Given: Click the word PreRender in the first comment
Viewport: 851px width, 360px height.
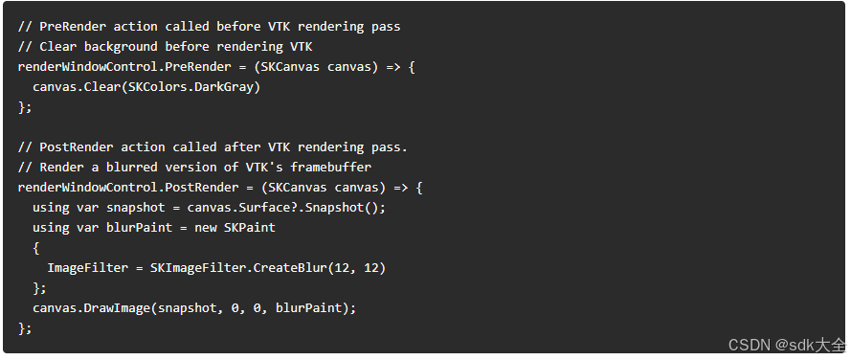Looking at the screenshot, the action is point(73,27).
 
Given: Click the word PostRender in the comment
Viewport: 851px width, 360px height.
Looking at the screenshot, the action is point(77,147).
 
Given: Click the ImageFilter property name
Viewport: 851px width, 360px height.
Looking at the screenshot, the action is point(88,268).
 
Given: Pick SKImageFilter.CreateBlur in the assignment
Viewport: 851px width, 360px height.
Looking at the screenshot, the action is point(235,268).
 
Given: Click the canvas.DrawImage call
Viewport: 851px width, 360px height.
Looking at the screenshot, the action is point(92,308).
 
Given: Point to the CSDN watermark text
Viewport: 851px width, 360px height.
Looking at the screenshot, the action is point(787,345).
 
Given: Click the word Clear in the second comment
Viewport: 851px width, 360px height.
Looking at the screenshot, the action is point(58,47).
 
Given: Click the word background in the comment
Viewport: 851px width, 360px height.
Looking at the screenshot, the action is point(121,47).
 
